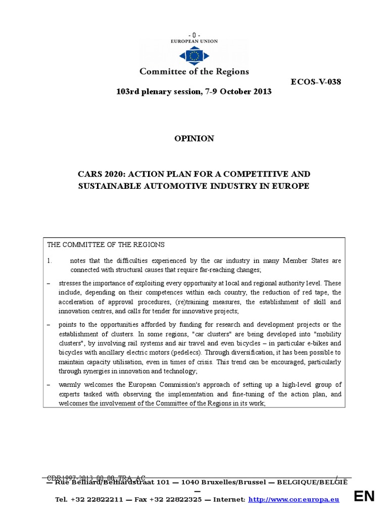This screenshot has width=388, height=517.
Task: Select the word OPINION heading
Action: pos(194,138)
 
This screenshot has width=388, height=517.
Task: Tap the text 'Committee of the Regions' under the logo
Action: pos(194,71)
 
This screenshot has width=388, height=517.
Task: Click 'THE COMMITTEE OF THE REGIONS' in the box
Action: pos(106,245)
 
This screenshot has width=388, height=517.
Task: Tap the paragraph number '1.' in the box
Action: pos(50,261)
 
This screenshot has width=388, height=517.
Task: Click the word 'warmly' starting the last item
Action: pos(69,385)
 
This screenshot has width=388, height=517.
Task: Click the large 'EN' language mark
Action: pos(364,496)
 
